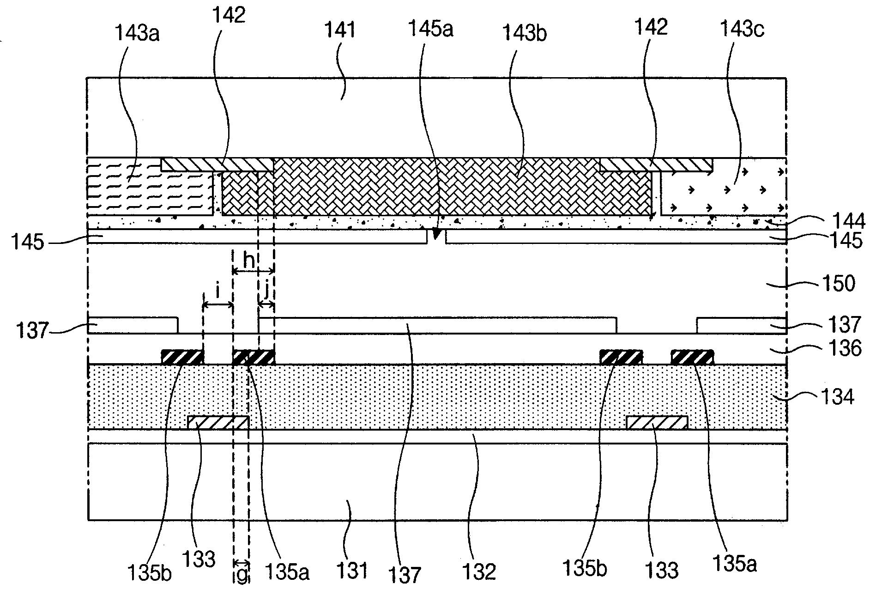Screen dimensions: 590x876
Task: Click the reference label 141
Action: [341, 30]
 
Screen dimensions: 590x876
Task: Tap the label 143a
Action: [137, 34]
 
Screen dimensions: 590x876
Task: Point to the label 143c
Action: [742, 30]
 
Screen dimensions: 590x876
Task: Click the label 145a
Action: [430, 29]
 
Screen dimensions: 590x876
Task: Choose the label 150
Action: [839, 283]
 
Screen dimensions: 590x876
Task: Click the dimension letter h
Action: [249, 261]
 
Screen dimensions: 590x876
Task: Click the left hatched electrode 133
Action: [218, 422]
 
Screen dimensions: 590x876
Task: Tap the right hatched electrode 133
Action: [657, 422]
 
